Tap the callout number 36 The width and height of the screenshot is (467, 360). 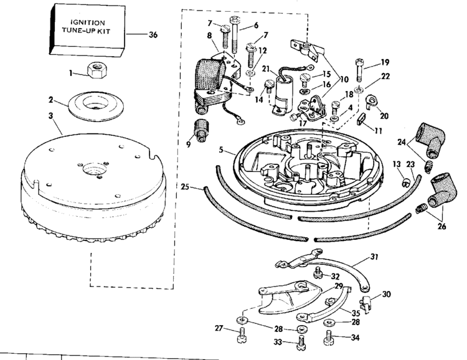tap(153, 35)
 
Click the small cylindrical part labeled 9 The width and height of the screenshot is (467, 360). tap(200, 128)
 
